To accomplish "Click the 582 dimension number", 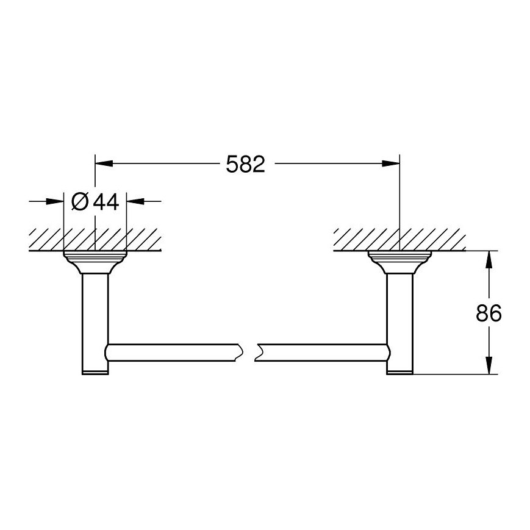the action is [245, 164].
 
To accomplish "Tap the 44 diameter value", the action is [106, 202].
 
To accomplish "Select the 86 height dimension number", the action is [489, 313].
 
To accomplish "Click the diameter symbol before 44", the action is [80, 202].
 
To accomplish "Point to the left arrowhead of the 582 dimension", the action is [104, 163].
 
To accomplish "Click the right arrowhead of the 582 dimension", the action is [391, 163].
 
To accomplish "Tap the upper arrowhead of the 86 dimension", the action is [489, 260].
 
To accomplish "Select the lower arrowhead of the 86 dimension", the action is [489, 365].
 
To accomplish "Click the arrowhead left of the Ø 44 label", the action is [55, 201].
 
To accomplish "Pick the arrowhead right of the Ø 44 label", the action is [135, 201].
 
